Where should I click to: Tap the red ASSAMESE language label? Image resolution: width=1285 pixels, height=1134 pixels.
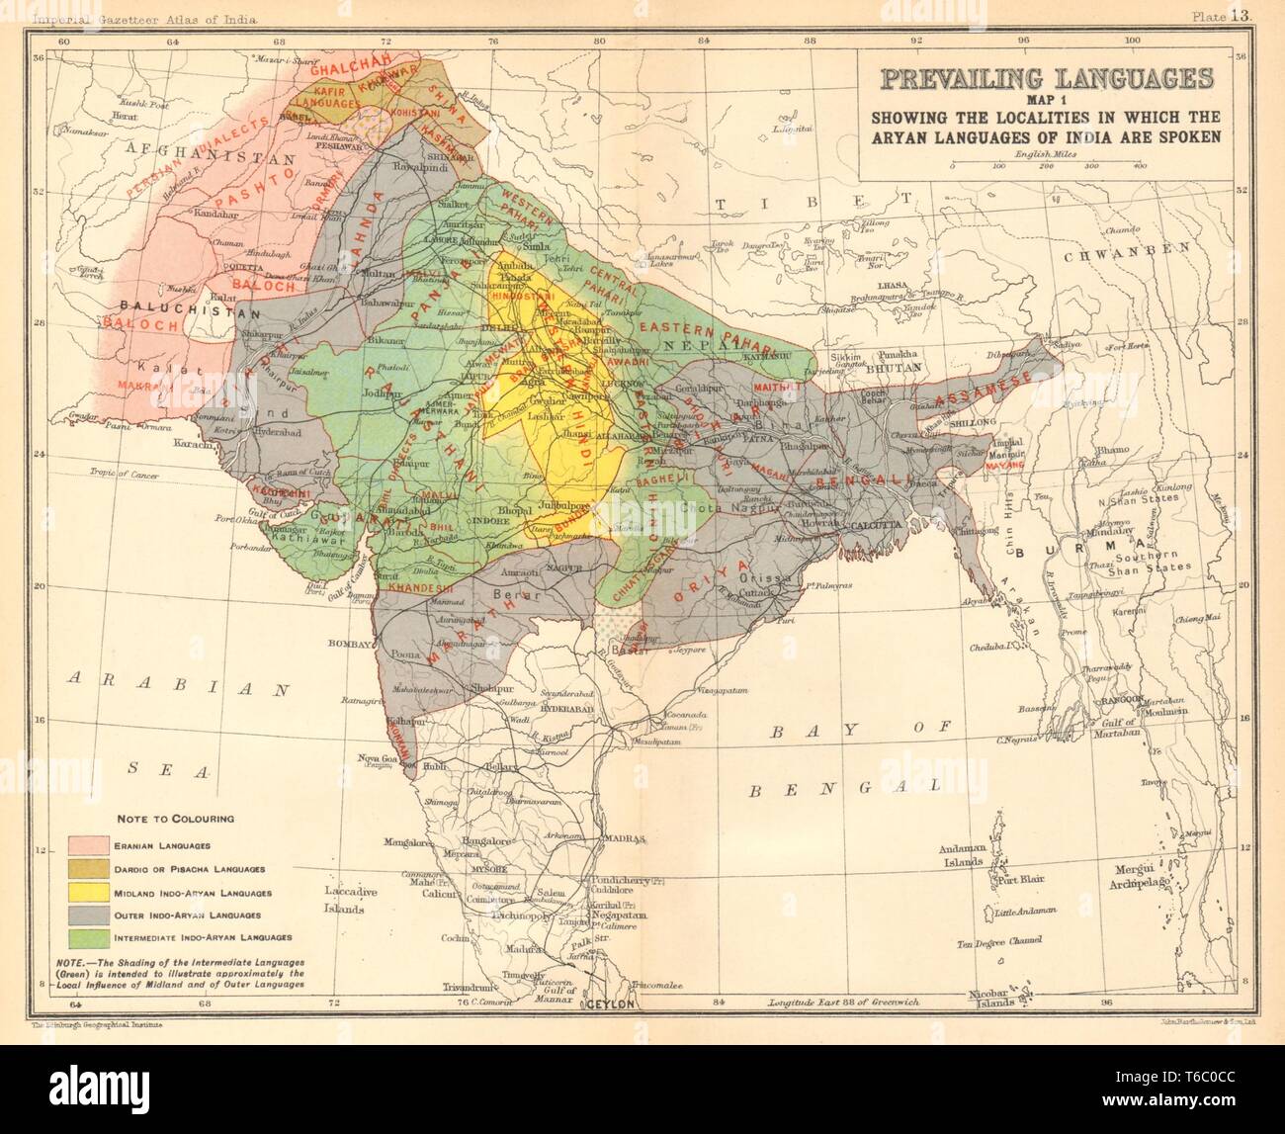[x=970, y=395]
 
